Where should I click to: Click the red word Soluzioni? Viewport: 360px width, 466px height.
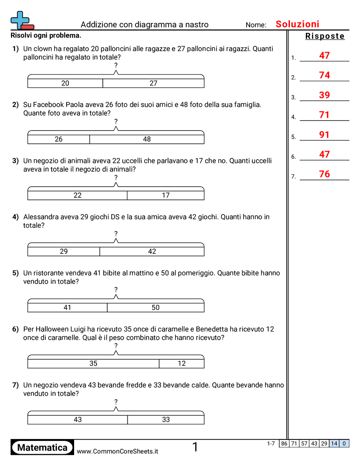297,24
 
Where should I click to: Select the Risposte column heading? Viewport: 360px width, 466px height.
325,36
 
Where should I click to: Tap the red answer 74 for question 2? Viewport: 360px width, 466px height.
324,75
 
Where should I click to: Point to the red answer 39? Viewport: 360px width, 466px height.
324,95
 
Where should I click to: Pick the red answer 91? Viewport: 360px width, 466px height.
324,135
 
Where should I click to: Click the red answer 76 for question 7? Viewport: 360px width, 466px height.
324,174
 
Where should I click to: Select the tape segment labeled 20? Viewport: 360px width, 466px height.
65,83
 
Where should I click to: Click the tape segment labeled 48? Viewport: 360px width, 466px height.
147,139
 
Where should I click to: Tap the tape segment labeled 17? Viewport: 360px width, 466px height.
165,195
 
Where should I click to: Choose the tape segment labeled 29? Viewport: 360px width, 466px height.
64,252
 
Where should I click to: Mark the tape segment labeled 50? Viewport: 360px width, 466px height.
155,308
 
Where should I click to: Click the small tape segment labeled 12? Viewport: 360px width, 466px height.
182,364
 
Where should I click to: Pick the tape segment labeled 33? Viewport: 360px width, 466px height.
165,420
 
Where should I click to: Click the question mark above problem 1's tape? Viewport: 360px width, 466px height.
116,65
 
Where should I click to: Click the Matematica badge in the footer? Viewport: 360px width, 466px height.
42,447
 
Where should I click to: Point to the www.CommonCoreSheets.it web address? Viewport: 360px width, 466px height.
117,451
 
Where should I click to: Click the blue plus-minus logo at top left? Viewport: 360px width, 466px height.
21,20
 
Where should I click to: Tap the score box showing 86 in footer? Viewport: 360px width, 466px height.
284,443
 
